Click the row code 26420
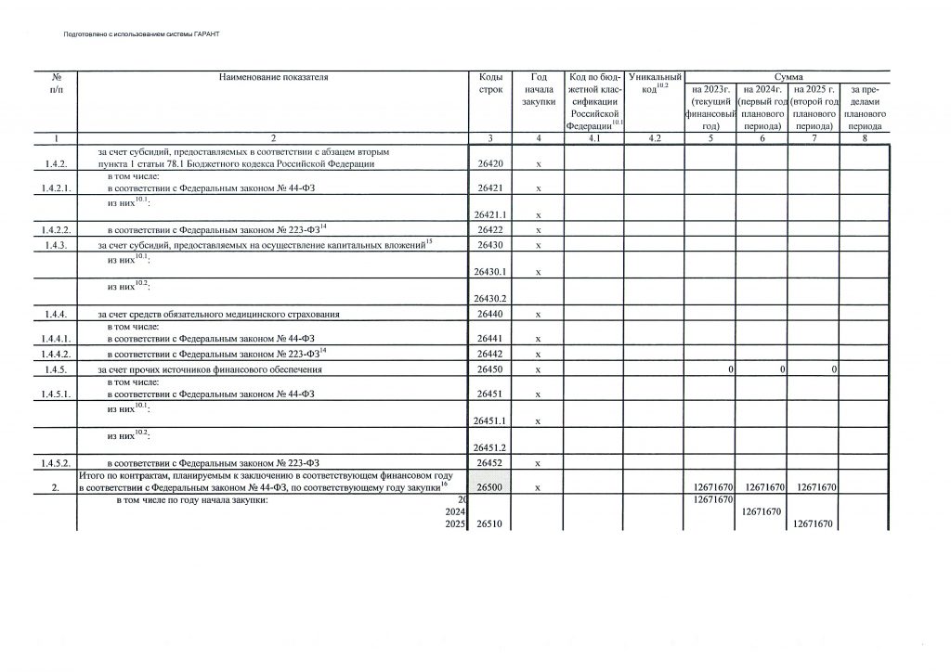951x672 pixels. (x=489, y=164)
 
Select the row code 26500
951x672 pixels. (x=489, y=487)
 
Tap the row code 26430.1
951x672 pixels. (x=489, y=272)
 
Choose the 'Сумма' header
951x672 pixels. (x=788, y=77)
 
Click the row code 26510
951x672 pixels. (x=489, y=524)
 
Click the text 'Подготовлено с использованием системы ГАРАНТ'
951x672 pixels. (x=142, y=33)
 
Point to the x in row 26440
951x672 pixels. (x=539, y=316)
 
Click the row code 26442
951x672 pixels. (x=489, y=354)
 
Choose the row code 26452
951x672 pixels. (x=489, y=462)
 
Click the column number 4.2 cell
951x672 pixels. (x=655, y=138)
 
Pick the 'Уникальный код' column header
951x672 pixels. (x=655, y=83)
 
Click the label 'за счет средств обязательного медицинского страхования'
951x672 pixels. (x=219, y=316)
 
